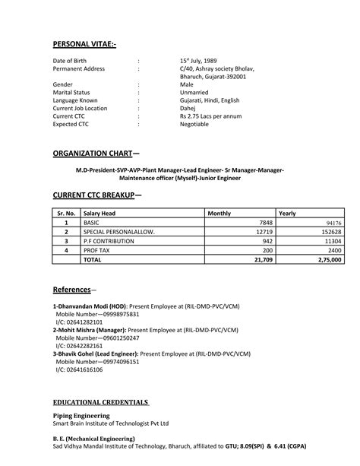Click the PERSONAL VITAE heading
click(x=84, y=43)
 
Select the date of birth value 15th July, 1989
click(x=199, y=60)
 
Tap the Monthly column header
click(x=219, y=214)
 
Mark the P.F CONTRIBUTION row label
click(x=110, y=240)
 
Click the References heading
click(x=72, y=290)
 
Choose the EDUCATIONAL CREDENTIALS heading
click(x=101, y=401)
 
